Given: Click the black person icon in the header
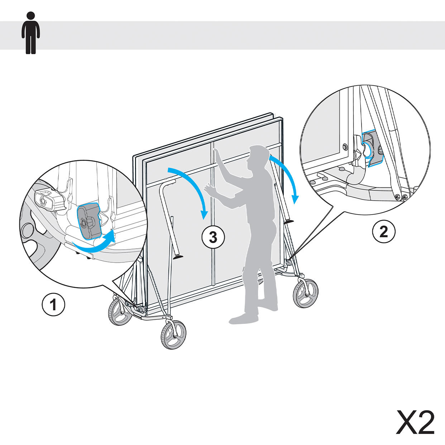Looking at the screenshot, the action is [x=31, y=33].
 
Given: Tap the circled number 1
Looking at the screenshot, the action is [x=53, y=304].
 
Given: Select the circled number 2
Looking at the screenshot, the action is [x=384, y=231].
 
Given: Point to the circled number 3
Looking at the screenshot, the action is [x=213, y=237].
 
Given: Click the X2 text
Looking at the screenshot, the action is [x=415, y=422].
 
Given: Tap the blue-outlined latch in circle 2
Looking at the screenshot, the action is [x=372, y=148].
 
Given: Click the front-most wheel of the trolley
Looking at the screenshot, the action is [x=173, y=335].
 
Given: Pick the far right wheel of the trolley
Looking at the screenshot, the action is [x=306, y=293].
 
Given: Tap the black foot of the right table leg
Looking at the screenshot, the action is [x=289, y=221].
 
